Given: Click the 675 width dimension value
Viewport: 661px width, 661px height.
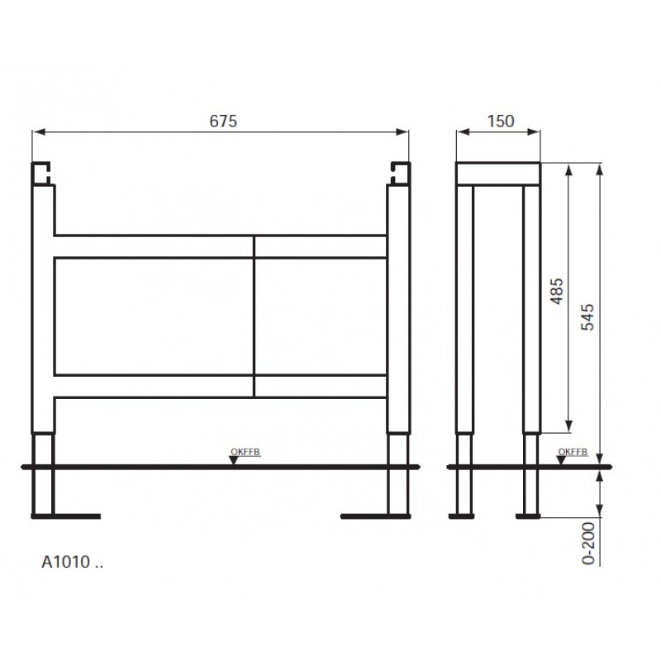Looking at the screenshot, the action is point(223,121).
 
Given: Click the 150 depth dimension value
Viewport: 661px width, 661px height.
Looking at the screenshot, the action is point(501,121).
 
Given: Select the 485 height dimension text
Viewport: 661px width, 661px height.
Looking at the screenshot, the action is point(557,291).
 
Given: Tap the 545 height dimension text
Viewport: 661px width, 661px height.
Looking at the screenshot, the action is point(587,317).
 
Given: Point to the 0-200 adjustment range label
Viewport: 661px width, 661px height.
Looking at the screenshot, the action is point(588,544).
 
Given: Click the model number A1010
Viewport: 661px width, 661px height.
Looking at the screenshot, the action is point(66,562).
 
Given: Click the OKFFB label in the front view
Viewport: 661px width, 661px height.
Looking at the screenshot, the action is point(245,451).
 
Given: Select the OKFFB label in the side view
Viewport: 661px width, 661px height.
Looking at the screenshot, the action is point(573,451).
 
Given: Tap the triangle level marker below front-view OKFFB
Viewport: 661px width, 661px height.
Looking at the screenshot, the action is point(234,460).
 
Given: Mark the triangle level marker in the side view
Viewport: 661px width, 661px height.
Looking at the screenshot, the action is point(561,460).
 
